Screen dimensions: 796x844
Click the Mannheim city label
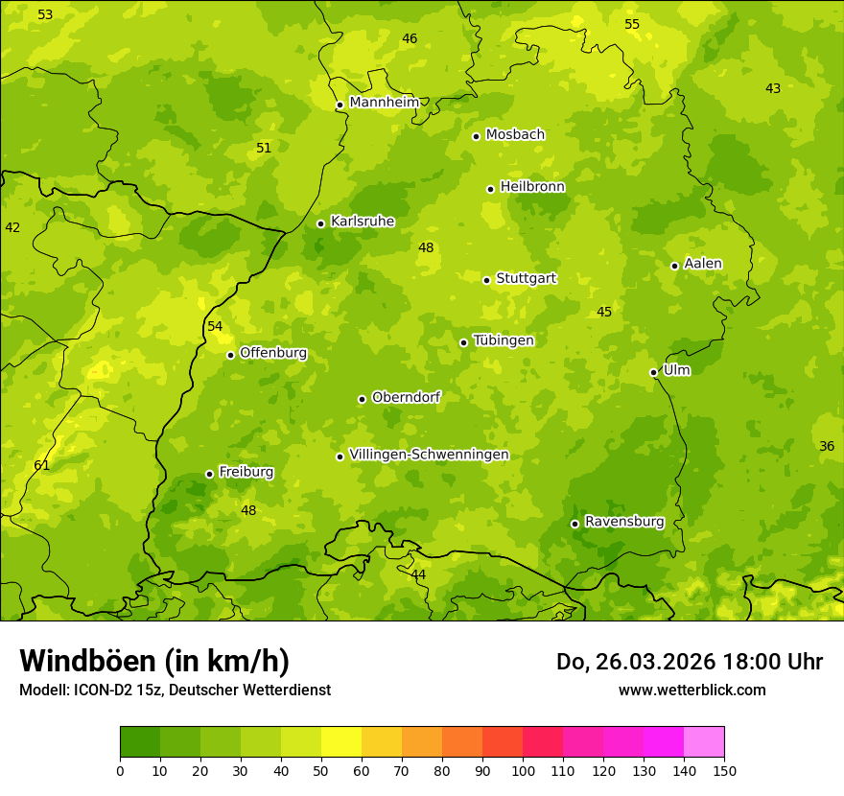coord(385,103)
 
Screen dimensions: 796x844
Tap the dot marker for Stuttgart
coord(486,280)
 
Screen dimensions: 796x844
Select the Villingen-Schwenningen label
coord(429,455)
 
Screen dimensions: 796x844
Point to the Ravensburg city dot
coord(574,524)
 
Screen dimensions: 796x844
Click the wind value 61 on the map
coord(41,465)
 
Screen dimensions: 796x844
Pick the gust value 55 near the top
coord(631,24)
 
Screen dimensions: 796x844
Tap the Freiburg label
coord(246,472)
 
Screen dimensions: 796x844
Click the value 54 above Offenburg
coord(215,326)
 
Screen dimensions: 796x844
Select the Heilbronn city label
coord(532,187)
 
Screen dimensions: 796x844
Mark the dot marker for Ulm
coord(653,372)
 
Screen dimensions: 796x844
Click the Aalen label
coord(703,264)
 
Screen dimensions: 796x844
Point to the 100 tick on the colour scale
coord(523,770)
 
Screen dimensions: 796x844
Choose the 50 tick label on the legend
coord(321,770)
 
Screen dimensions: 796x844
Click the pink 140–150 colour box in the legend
coord(704,741)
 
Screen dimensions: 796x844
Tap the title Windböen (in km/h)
coord(153,661)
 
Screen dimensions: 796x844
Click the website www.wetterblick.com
coord(692,690)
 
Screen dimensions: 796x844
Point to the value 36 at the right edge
coord(827,446)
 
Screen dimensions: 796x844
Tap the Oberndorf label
coord(406,397)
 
